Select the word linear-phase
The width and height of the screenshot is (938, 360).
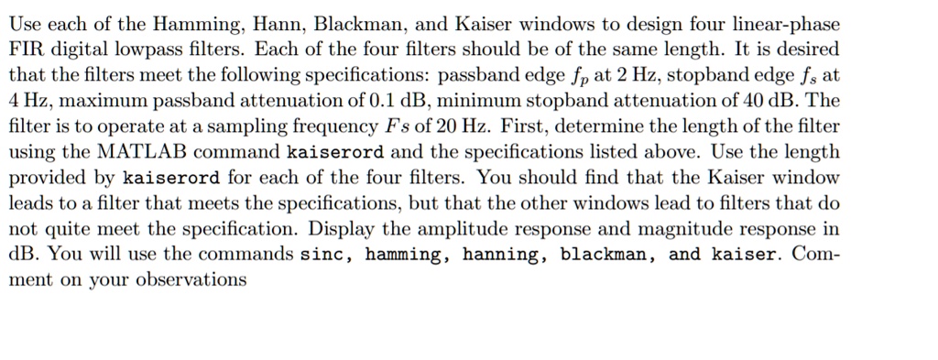(x=786, y=22)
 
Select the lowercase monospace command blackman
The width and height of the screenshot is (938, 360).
(x=605, y=254)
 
